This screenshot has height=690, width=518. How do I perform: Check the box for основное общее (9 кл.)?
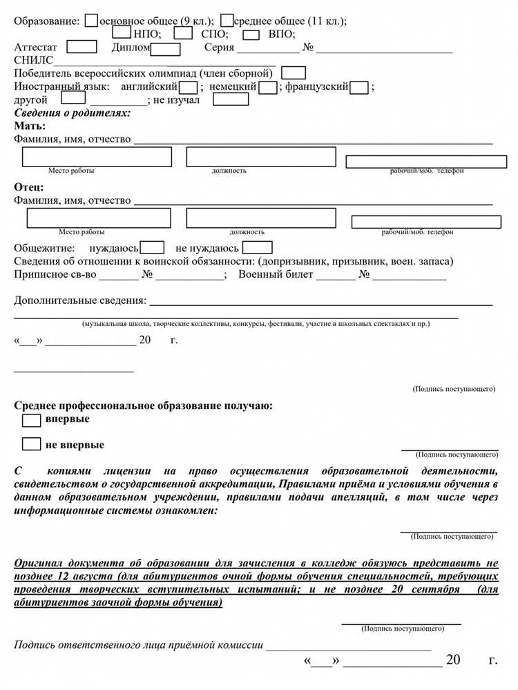click(91, 21)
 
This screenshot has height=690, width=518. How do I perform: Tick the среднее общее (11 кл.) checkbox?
click(227, 21)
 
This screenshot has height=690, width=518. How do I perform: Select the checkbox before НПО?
click(122, 33)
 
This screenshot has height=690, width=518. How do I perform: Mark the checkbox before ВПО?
click(252, 34)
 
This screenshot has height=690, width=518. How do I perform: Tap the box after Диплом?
click(166, 48)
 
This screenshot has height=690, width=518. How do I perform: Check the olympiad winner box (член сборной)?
click(294, 73)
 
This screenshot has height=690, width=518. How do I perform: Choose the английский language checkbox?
click(188, 87)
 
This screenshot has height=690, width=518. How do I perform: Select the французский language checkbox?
click(358, 87)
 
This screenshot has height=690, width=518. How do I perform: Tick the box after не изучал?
click(235, 99)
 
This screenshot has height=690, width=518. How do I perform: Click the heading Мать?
click(30, 126)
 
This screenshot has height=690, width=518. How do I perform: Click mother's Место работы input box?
click(97, 157)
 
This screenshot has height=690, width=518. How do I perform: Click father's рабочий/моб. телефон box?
click(426, 222)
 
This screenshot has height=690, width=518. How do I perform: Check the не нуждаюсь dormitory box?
click(258, 247)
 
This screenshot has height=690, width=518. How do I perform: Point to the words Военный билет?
click(276, 274)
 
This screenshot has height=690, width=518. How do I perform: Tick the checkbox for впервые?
click(32, 420)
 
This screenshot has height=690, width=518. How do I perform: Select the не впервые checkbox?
click(32, 444)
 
